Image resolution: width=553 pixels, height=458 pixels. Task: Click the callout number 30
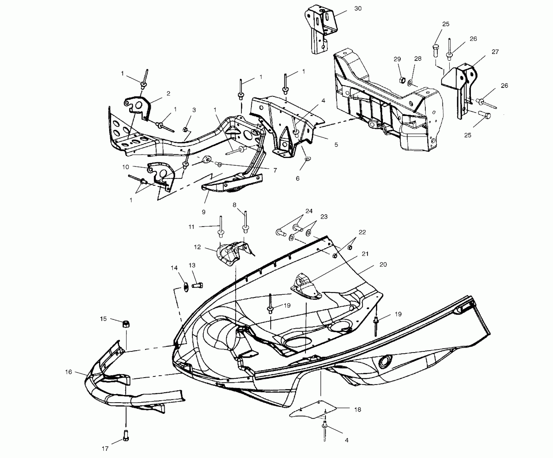click(x=358, y=9)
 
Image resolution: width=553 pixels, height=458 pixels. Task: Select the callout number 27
click(x=495, y=52)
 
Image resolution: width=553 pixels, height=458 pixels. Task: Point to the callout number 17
click(x=105, y=449)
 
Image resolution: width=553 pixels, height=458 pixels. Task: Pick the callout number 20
click(x=383, y=265)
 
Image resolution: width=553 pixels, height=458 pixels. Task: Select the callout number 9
click(x=203, y=212)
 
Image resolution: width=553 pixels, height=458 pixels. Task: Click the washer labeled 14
click(x=186, y=287)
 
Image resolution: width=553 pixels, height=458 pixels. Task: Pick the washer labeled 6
click(x=307, y=159)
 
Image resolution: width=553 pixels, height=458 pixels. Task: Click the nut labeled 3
click(x=185, y=130)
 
